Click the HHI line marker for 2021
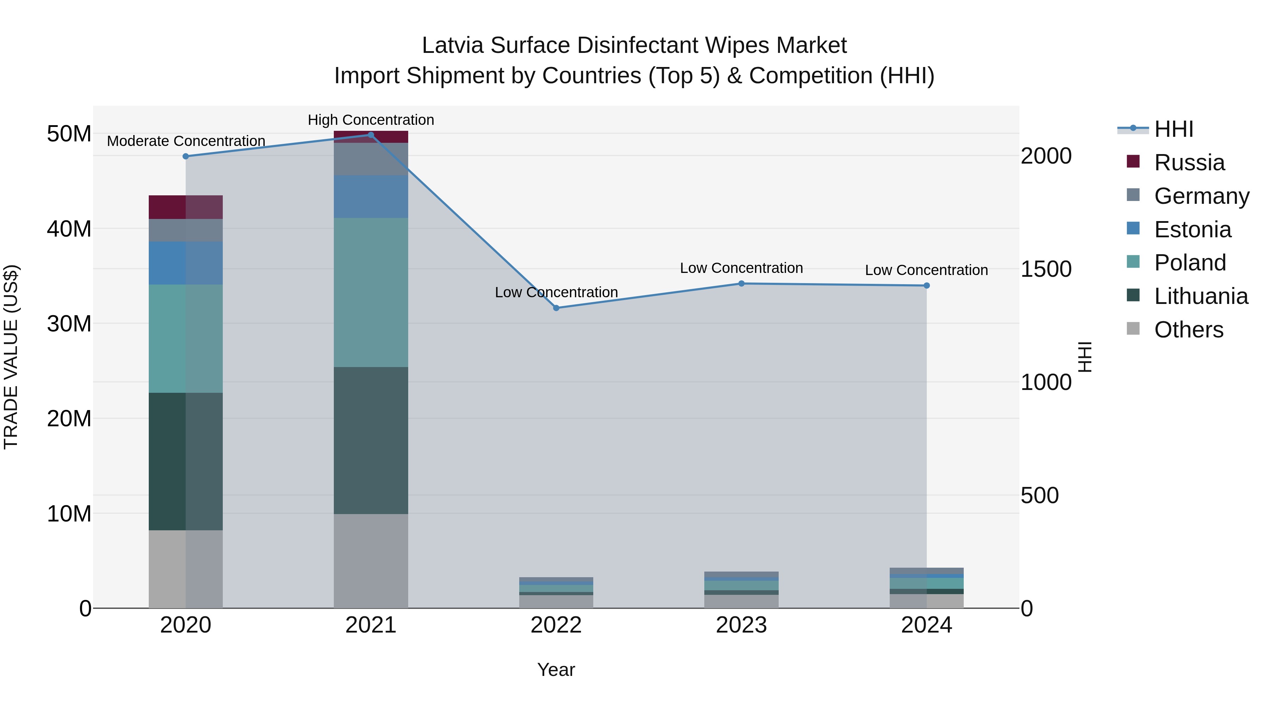(x=371, y=135)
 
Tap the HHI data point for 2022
(x=556, y=308)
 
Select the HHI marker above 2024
(x=927, y=285)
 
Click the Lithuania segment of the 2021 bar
(x=371, y=440)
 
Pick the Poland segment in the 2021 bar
(x=371, y=292)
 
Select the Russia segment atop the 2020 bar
(x=186, y=207)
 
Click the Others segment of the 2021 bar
(x=371, y=561)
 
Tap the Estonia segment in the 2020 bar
(x=186, y=263)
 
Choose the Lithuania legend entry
(x=1201, y=296)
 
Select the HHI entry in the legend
(x=1173, y=129)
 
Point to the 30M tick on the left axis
(x=69, y=324)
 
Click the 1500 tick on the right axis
(x=1046, y=269)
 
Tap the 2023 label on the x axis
(x=741, y=625)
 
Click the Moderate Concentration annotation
(x=186, y=141)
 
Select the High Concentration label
(x=371, y=120)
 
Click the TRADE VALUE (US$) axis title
(x=11, y=357)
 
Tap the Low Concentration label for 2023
(x=741, y=268)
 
